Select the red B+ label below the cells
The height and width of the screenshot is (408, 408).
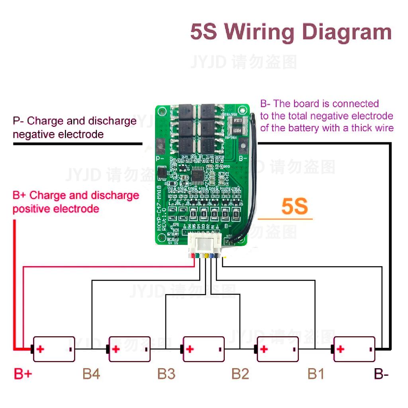point(23,374)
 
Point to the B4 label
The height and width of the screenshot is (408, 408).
point(91,374)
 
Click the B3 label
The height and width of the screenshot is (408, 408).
point(166,374)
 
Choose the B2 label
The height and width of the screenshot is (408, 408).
point(240,374)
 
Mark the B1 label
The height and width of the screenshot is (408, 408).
point(316,374)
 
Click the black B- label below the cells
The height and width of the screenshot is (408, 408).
point(381,374)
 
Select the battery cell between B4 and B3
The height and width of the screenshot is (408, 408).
point(129,349)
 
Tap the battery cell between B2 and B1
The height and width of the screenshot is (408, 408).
point(278,349)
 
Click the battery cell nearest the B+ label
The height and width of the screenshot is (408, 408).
point(53,349)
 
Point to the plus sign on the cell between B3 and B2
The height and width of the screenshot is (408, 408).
point(190,349)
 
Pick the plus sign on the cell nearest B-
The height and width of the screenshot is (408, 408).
point(340,349)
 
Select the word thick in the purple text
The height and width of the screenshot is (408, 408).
point(363,128)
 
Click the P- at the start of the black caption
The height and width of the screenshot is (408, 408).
point(19,121)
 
